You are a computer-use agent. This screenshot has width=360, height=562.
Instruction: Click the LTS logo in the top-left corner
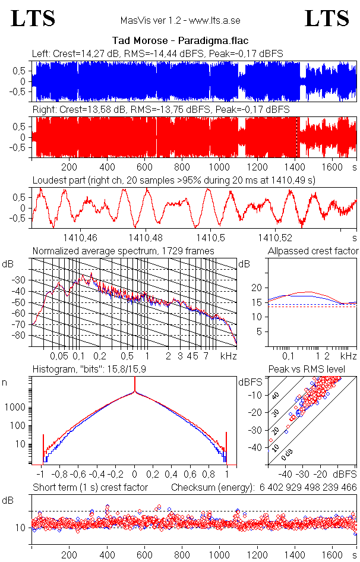[x=33, y=18]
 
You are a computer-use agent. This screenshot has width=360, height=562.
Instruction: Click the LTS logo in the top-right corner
[x=327, y=18]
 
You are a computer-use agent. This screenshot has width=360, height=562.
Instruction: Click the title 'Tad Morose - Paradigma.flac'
[x=180, y=41]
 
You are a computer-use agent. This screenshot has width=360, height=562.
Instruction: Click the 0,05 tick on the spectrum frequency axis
[x=59, y=356]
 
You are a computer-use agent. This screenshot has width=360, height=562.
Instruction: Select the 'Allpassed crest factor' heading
[x=313, y=251]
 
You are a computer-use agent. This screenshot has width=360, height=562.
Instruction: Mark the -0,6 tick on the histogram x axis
[x=78, y=475]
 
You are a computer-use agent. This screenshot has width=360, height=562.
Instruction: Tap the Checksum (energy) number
[x=307, y=487]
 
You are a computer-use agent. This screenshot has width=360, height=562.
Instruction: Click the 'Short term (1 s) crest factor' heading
[x=90, y=487]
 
